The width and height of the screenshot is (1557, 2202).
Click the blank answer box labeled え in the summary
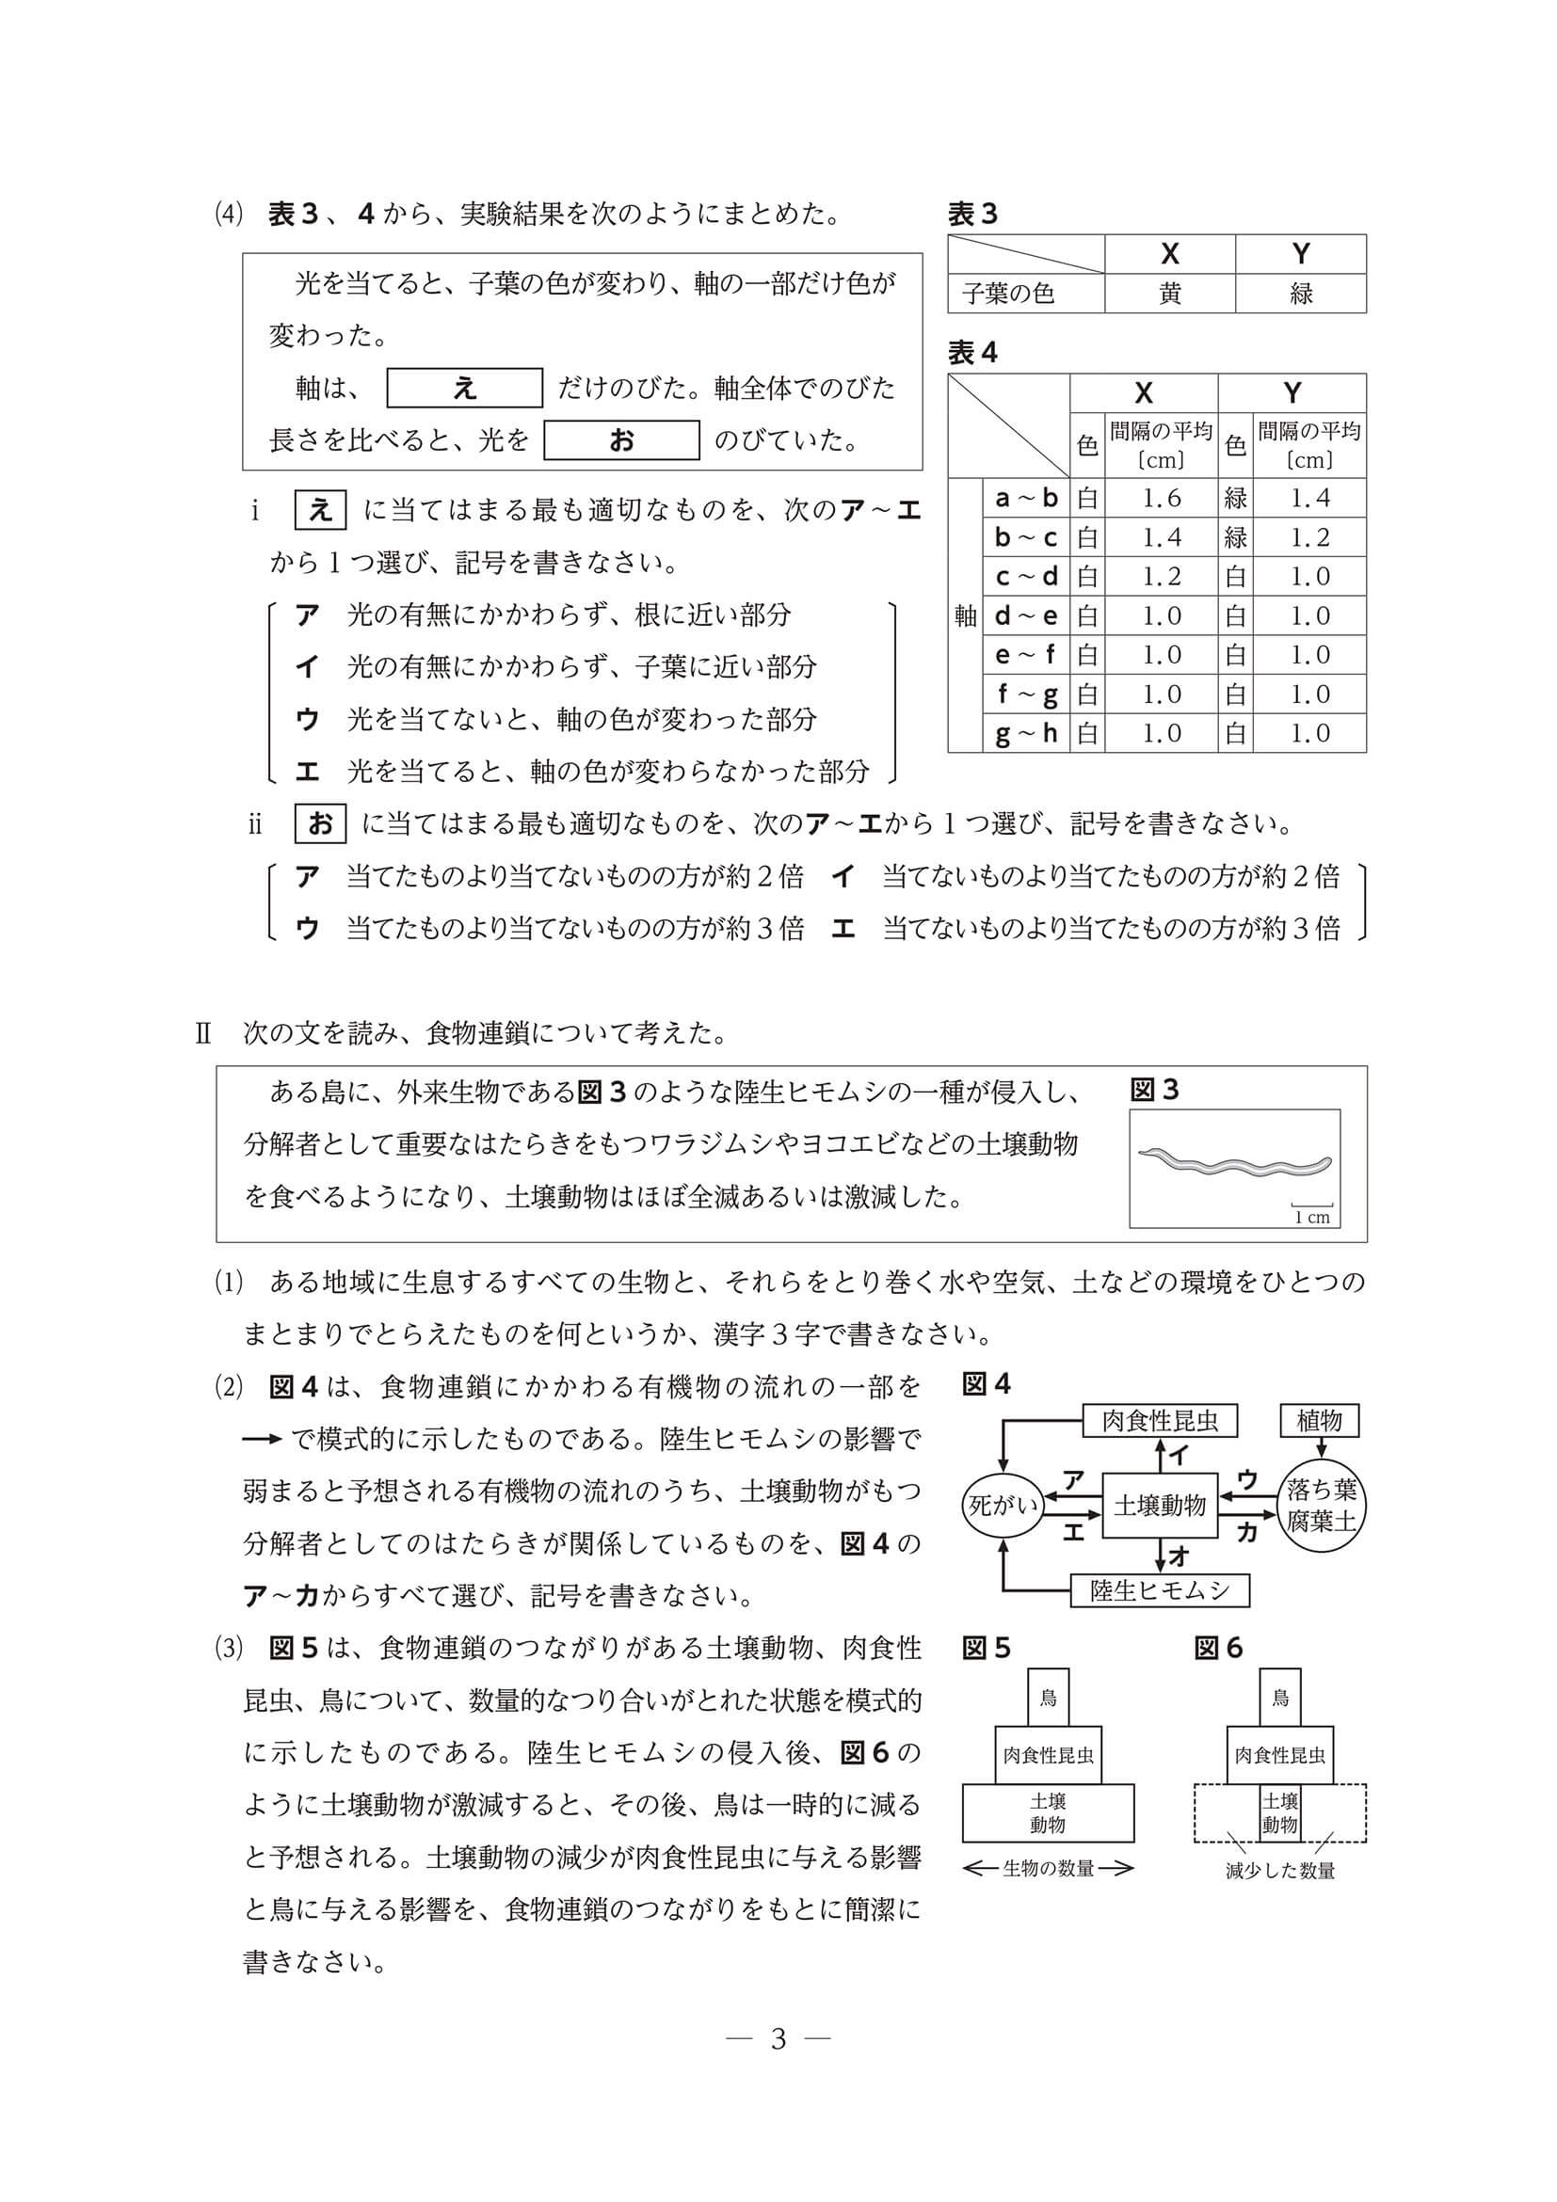click(x=464, y=388)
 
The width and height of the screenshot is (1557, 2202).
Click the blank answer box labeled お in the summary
click(x=621, y=440)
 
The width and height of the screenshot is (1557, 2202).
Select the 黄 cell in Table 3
click(x=1169, y=294)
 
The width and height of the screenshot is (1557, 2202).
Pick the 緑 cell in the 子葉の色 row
click(x=1300, y=294)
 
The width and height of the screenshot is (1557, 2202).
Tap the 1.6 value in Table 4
click(x=1161, y=498)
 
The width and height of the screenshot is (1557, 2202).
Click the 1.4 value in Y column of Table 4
click(x=1309, y=498)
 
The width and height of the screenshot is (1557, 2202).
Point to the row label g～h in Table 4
click(x=1025, y=734)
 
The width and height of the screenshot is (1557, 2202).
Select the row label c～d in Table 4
click(x=1025, y=577)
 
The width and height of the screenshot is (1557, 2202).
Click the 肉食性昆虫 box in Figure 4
click(x=1160, y=1420)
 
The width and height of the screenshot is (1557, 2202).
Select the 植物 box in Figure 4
click(x=1319, y=1420)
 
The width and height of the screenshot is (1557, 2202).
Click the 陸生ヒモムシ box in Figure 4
click(x=1160, y=1591)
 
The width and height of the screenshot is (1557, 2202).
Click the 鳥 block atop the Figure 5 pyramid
click(x=1048, y=1699)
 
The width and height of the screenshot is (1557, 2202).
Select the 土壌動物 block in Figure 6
click(x=1279, y=1813)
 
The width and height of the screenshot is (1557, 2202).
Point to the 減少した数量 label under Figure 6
click(x=1279, y=1871)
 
